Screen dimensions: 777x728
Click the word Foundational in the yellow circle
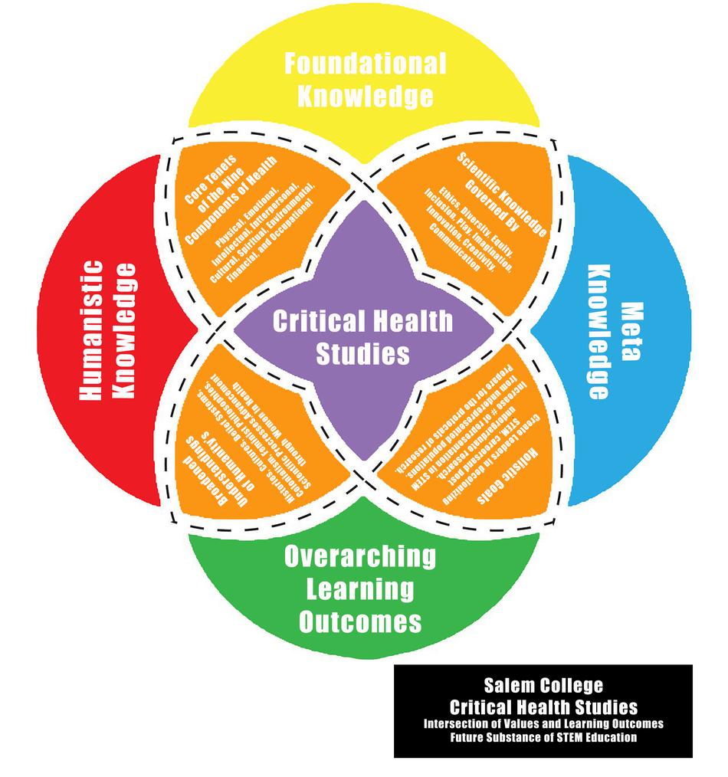(365, 64)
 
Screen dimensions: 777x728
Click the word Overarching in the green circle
(359, 557)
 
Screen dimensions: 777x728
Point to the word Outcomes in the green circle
(359, 621)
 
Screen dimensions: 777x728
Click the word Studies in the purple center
(363, 354)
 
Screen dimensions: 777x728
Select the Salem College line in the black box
(543, 684)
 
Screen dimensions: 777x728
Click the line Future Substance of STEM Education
(543, 738)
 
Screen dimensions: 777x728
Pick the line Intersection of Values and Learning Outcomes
(543, 723)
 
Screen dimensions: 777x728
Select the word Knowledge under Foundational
(365, 97)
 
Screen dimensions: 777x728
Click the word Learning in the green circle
(359, 589)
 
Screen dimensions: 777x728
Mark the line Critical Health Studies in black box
(543, 706)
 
